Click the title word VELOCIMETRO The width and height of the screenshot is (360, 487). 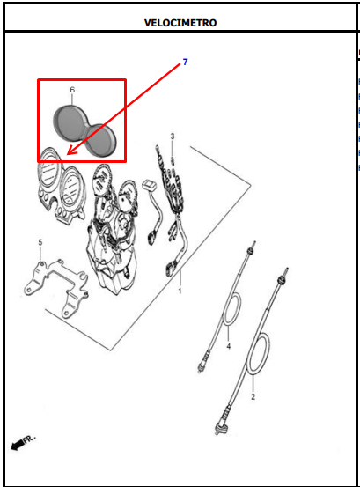click(x=180, y=23)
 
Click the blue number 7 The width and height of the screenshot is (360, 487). click(x=185, y=63)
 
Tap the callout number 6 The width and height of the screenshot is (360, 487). click(x=72, y=90)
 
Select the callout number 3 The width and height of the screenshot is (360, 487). click(x=173, y=136)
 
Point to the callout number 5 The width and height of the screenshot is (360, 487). click(x=40, y=242)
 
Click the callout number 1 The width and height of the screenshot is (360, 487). click(x=180, y=291)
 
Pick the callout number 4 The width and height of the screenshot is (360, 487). click(x=229, y=346)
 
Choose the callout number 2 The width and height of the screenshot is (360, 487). click(x=253, y=396)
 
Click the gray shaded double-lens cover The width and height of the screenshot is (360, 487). click(x=85, y=130)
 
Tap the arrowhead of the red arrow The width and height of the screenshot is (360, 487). click(x=70, y=152)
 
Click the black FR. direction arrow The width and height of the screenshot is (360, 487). click(x=17, y=445)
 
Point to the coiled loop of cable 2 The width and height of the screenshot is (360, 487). click(x=258, y=354)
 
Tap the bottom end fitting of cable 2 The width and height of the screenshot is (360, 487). click(x=221, y=428)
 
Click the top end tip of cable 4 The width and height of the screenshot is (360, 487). click(x=254, y=242)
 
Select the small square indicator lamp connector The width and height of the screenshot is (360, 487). click(x=149, y=186)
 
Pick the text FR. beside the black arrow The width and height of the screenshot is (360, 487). click(x=29, y=439)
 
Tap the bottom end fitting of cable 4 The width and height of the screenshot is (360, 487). click(x=203, y=363)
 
